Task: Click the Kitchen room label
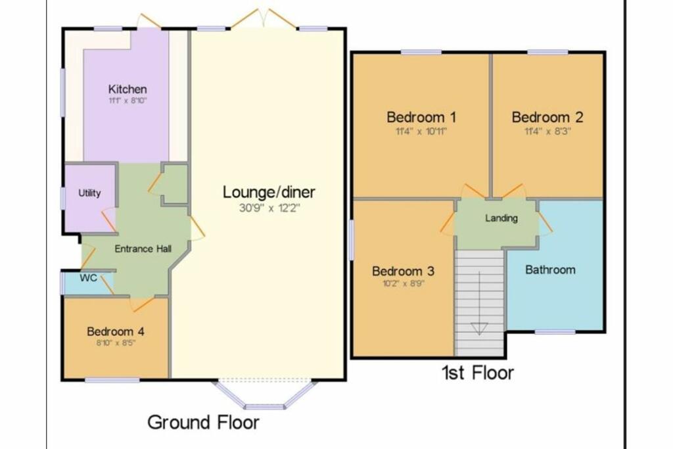click(128, 89)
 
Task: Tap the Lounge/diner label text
click(269, 193)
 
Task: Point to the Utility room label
click(89, 193)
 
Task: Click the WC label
click(89, 278)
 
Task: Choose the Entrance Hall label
click(143, 248)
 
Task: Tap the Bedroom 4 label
click(115, 331)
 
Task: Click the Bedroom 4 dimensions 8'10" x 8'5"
click(115, 343)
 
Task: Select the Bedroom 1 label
click(421, 118)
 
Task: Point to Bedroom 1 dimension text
click(421, 131)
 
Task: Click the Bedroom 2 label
click(547, 118)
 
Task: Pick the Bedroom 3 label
click(403, 272)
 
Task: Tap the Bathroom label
click(550, 270)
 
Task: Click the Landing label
click(501, 218)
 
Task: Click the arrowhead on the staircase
click(479, 329)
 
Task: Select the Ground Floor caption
click(203, 422)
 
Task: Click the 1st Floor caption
click(477, 373)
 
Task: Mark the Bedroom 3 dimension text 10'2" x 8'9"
click(403, 285)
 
